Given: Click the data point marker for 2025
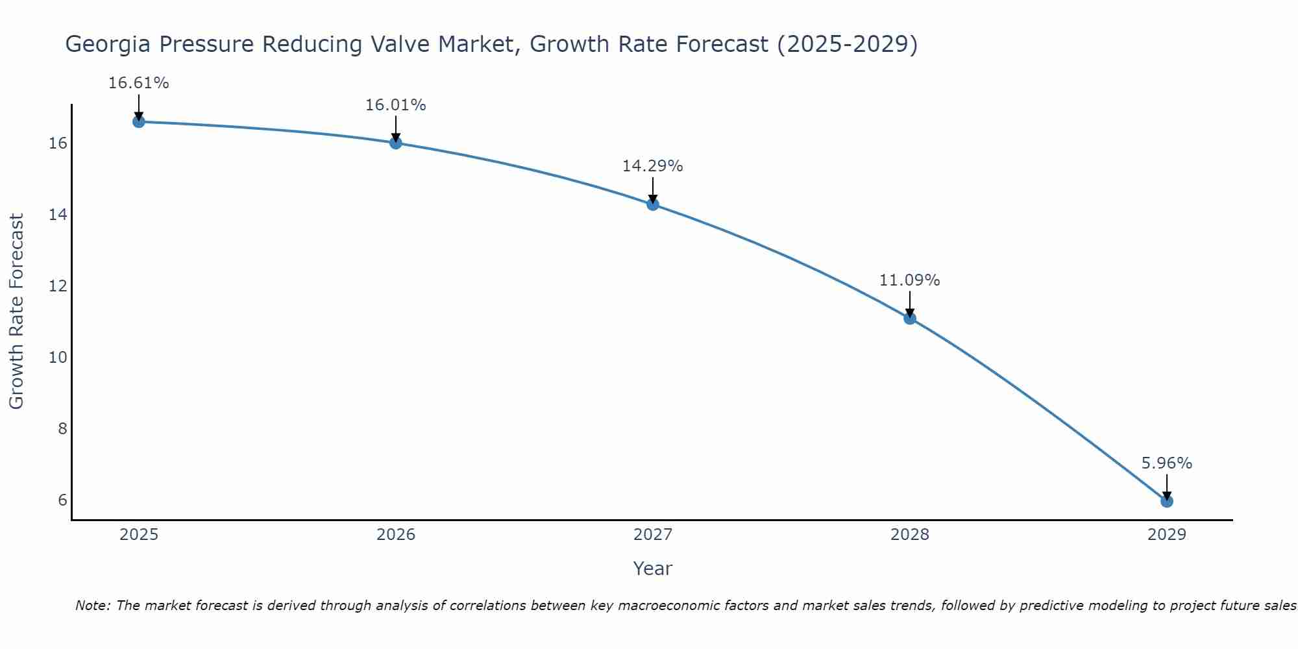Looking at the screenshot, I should click(138, 121).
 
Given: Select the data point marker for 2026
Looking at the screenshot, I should click(396, 143).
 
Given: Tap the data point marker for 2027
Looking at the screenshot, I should click(653, 204).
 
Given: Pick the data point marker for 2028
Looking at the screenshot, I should click(910, 318).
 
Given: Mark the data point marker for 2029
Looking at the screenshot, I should click(1166, 501).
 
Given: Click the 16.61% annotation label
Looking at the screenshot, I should click(138, 83).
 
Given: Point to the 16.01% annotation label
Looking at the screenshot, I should click(396, 105).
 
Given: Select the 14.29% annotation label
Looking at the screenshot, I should click(653, 166).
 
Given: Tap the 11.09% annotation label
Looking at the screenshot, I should click(910, 280).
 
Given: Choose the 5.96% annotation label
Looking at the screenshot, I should click(1166, 463).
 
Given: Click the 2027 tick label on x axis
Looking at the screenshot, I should click(653, 535).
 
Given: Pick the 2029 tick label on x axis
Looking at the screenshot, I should click(1166, 535).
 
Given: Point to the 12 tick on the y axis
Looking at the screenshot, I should click(58, 286).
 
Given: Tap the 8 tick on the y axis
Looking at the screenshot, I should click(62, 428).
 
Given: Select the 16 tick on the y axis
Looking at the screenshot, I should click(58, 143).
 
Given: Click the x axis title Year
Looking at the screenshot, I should click(653, 569).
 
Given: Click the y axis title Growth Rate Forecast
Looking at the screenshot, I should click(17, 312).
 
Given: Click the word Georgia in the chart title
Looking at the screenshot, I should click(107, 45).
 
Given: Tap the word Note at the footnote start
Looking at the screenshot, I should click(93, 606).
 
